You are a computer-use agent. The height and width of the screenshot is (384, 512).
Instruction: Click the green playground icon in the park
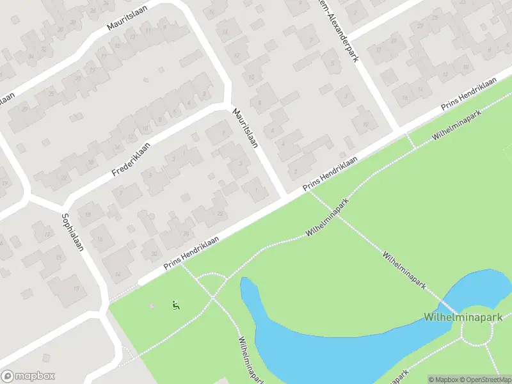click(175, 305)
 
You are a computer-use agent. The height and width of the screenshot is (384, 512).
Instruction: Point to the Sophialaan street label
click(73, 231)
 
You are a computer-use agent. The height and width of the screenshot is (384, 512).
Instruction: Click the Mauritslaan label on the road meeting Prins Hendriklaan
click(245, 128)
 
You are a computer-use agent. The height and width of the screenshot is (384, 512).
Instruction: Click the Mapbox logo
click(28, 376)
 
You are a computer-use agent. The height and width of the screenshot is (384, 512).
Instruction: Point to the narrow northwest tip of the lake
click(244, 282)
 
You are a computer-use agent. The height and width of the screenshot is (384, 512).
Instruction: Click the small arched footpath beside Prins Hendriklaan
click(212, 276)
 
